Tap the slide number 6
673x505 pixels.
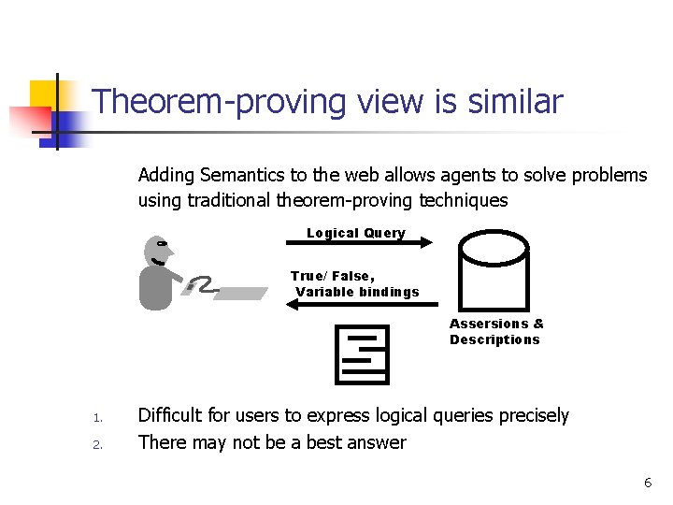coord(647,483)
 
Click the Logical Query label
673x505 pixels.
coord(356,233)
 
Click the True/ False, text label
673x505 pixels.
coord(333,276)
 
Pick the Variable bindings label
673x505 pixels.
coord(358,292)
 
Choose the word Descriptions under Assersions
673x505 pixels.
coord(494,339)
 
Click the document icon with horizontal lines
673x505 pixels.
coord(361,354)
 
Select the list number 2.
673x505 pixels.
coord(96,444)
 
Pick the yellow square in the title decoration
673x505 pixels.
coord(44,95)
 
